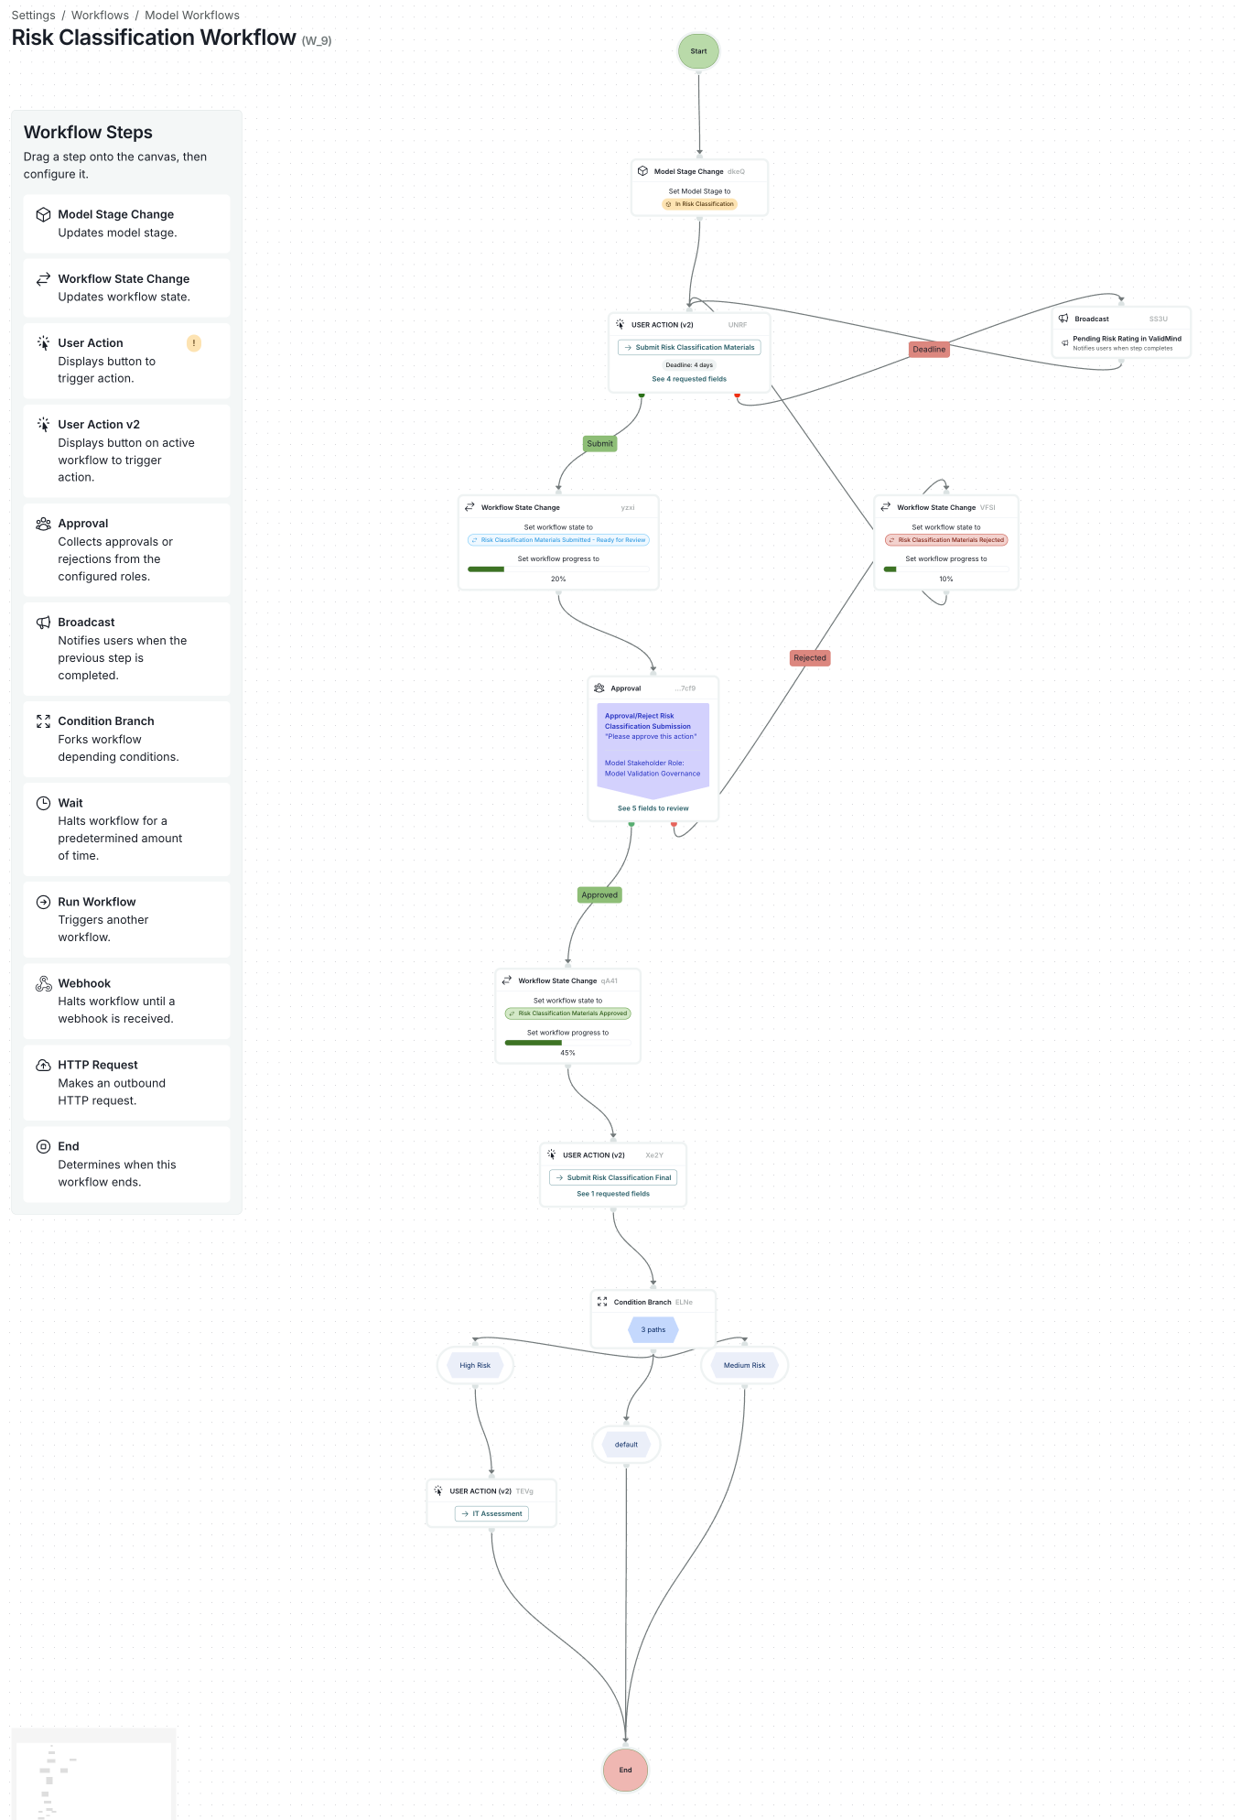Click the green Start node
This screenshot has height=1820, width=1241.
click(698, 51)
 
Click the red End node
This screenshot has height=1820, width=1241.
click(625, 1770)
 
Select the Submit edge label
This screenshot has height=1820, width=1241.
click(599, 444)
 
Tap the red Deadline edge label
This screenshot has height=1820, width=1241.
click(929, 350)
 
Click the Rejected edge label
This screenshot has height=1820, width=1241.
click(810, 658)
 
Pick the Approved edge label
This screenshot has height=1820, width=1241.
click(599, 895)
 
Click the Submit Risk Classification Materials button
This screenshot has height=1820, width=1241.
click(689, 348)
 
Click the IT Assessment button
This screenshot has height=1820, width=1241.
click(491, 1514)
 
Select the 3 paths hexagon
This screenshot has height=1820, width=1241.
click(653, 1330)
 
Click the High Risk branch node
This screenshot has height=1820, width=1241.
click(475, 1366)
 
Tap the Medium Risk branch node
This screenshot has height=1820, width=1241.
click(744, 1366)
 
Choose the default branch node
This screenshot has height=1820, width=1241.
click(626, 1445)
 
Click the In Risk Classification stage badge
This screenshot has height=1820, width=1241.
click(699, 204)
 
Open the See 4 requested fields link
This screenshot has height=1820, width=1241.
click(689, 379)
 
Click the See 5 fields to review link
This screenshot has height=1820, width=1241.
click(653, 808)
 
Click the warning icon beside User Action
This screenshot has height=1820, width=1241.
click(194, 343)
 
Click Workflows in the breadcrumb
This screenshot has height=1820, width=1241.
click(100, 16)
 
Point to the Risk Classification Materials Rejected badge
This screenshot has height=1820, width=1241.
click(946, 540)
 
